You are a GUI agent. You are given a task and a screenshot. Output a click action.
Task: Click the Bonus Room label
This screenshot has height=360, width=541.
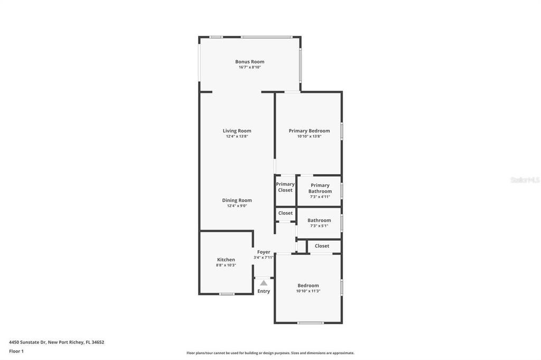point(250,62)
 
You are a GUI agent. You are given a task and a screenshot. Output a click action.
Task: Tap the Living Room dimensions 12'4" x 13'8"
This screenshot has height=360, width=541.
point(237,136)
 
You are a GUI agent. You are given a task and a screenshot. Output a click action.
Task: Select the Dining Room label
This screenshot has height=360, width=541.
point(237,201)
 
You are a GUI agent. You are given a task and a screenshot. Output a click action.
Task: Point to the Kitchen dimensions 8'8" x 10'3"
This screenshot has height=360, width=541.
point(226,265)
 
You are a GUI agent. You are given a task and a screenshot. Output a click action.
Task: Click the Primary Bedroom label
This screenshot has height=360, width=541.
point(309,131)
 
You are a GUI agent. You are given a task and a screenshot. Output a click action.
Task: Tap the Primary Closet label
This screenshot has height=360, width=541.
point(285,187)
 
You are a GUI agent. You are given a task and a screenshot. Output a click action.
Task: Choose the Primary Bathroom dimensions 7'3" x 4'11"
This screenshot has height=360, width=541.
point(320,196)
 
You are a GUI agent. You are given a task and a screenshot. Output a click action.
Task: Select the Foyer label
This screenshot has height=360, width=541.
point(264,252)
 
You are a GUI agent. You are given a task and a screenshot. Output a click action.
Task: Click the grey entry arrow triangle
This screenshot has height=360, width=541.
point(264,283)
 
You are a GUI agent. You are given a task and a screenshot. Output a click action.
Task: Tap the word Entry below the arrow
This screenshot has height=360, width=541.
point(264,291)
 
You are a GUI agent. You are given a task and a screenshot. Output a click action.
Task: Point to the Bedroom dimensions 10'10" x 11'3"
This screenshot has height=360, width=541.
point(308,291)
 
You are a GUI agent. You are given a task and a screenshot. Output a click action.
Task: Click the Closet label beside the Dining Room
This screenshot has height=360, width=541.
point(285,213)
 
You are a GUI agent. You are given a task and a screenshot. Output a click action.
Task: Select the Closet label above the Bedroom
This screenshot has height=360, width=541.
point(322,246)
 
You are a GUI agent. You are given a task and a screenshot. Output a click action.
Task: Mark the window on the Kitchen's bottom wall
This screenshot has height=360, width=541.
point(227,294)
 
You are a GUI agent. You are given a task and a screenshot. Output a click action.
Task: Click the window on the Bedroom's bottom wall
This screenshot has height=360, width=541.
point(311,323)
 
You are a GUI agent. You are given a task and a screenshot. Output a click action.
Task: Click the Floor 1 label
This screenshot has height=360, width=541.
point(16,352)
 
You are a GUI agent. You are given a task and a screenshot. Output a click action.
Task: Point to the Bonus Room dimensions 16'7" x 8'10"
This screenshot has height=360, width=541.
point(250,67)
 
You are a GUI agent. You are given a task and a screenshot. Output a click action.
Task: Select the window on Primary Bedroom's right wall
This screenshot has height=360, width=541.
point(342,131)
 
